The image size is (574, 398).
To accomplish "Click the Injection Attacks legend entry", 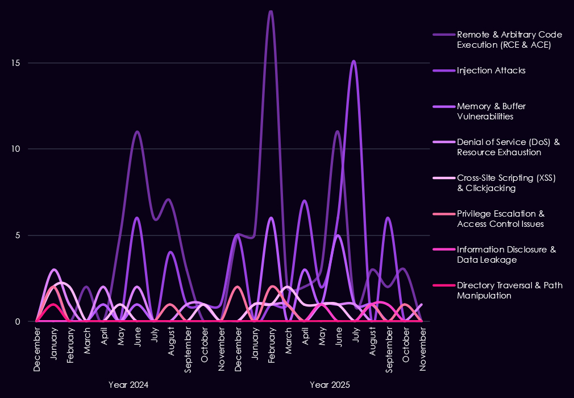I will pyautogui.click(x=491, y=71).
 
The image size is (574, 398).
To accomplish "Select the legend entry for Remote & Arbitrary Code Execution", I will pyautogui.click(x=501, y=40).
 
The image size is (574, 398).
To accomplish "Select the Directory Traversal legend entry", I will pyautogui.click(x=509, y=290).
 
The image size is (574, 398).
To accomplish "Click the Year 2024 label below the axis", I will pyautogui.click(x=128, y=385).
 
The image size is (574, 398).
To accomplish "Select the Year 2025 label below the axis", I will pyautogui.click(x=330, y=385).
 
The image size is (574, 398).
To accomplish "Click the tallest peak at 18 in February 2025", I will pyautogui.click(x=271, y=11).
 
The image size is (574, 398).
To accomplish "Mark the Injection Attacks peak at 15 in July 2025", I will pyautogui.click(x=353, y=61).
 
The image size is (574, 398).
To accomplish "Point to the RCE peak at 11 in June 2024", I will pyautogui.click(x=137, y=132).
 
